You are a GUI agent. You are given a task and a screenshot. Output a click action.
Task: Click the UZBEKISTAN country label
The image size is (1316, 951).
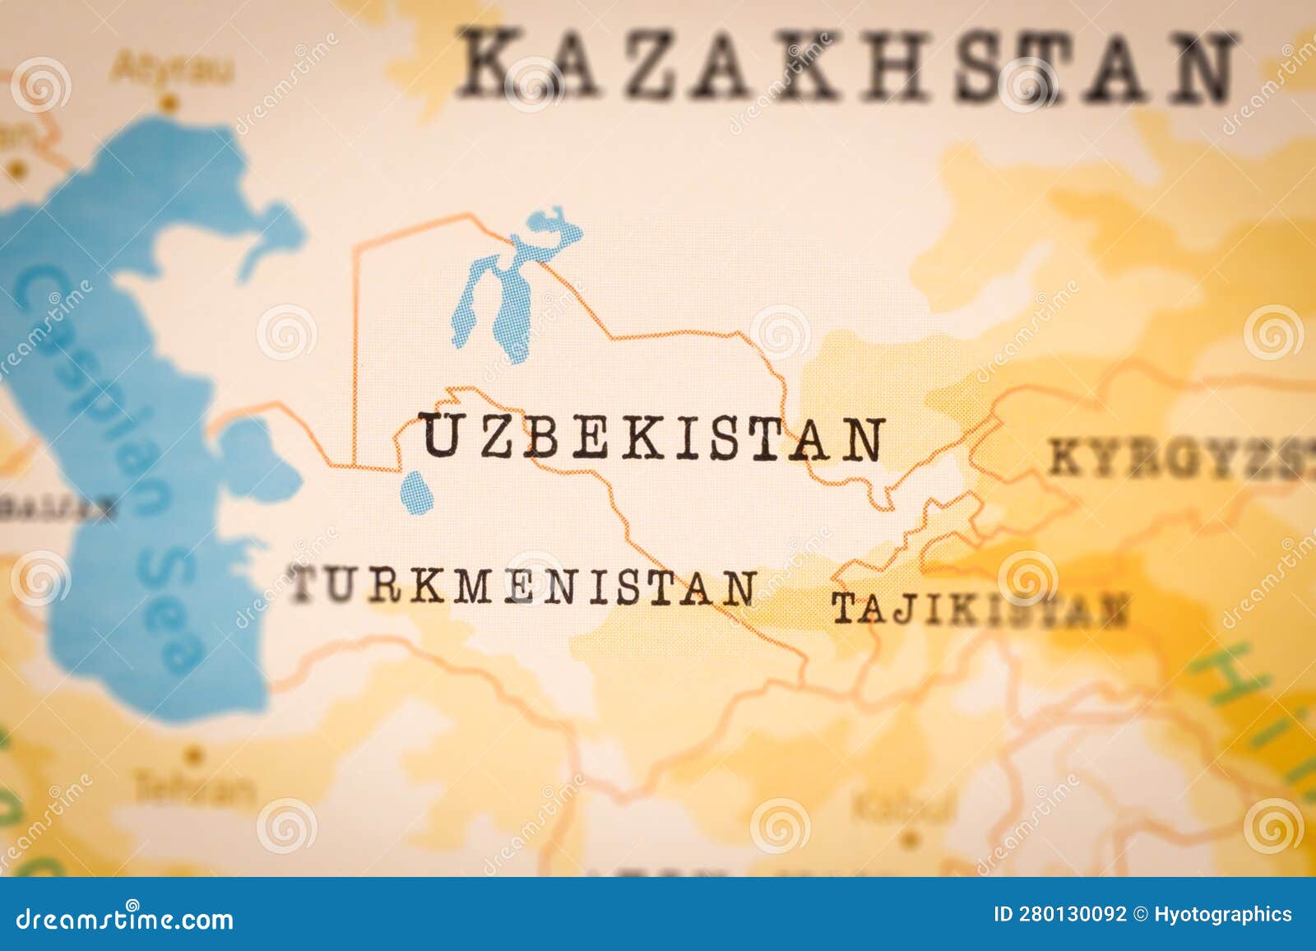[653, 437]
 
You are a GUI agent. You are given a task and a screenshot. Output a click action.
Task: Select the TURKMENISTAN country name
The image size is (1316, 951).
[523, 587]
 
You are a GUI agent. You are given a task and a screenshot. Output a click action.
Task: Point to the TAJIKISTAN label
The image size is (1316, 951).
[979, 610]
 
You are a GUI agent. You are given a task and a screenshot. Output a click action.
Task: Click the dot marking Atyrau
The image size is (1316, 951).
[169, 104]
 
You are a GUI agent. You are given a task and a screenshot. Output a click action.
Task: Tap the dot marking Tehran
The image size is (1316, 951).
[194, 753]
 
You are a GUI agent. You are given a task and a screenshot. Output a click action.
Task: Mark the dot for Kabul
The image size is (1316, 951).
[908, 840]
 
